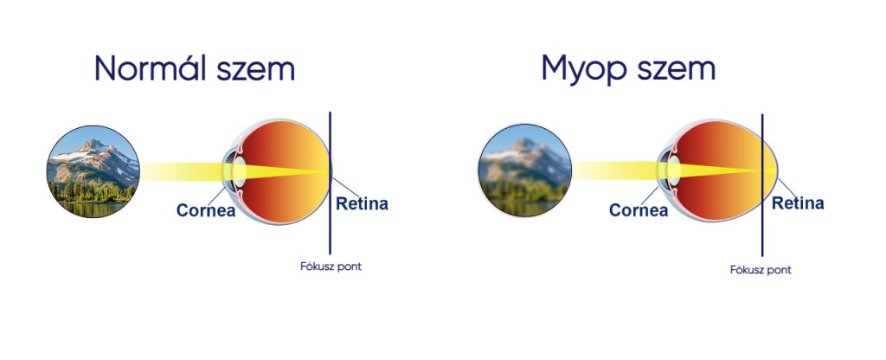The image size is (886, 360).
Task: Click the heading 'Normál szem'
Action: coord(195,68)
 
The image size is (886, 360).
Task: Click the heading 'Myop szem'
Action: coord(628,70)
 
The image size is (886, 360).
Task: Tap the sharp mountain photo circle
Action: coord(93,172)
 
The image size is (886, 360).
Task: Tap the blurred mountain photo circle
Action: coord(525,170)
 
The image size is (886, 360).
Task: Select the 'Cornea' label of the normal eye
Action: coord(206,210)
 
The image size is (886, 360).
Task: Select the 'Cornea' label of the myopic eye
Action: coord(639,210)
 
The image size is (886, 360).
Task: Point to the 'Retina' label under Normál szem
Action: coord(363,203)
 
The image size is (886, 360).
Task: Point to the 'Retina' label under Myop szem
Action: coord(798,202)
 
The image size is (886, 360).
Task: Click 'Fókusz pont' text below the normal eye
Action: coord(331,267)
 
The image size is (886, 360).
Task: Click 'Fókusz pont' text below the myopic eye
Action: coord(761,270)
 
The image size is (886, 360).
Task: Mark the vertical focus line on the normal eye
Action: coord(330,183)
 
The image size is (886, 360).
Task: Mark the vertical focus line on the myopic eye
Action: coord(762,185)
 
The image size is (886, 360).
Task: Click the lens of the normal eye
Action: coord(239,170)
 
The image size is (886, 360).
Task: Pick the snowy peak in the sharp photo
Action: coord(93,145)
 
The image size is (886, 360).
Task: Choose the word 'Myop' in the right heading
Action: coord(585,70)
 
